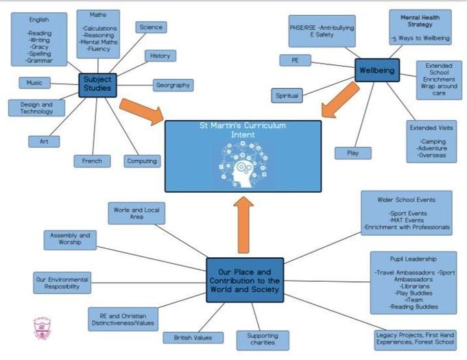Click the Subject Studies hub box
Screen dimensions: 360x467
click(x=97, y=85)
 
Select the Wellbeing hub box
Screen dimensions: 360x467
click(x=376, y=69)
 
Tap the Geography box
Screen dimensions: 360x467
click(x=173, y=86)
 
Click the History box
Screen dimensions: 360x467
click(x=160, y=56)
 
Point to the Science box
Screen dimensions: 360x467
click(x=150, y=27)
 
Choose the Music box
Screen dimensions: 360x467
click(x=34, y=83)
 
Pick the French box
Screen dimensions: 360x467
click(x=92, y=161)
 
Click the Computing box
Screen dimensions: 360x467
click(x=143, y=161)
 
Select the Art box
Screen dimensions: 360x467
click(x=44, y=141)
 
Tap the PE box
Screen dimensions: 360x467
click(x=296, y=61)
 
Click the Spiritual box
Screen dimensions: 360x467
click(x=287, y=95)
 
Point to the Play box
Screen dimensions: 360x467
click(x=353, y=153)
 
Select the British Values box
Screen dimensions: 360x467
click(x=193, y=337)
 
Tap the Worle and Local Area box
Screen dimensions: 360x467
click(x=136, y=213)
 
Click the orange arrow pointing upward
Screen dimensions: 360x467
click(x=244, y=226)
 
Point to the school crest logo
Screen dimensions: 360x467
click(x=43, y=328)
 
